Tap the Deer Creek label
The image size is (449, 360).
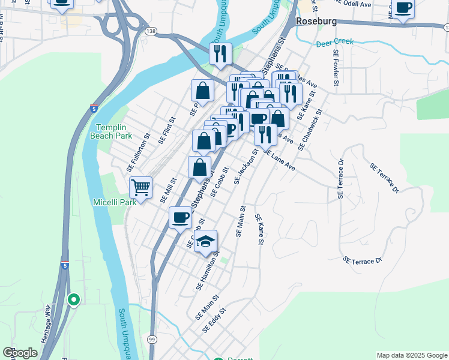(335, 43)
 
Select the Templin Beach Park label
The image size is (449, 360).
(114, 131)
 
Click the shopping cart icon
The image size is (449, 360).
(140, 187)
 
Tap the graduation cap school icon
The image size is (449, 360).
(206, 241)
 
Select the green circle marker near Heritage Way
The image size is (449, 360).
(74, 299)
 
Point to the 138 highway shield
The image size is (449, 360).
(151, 29)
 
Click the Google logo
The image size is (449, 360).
(20, 353)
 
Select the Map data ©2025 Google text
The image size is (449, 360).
(411, 355)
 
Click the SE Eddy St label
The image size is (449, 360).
(214, 320)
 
